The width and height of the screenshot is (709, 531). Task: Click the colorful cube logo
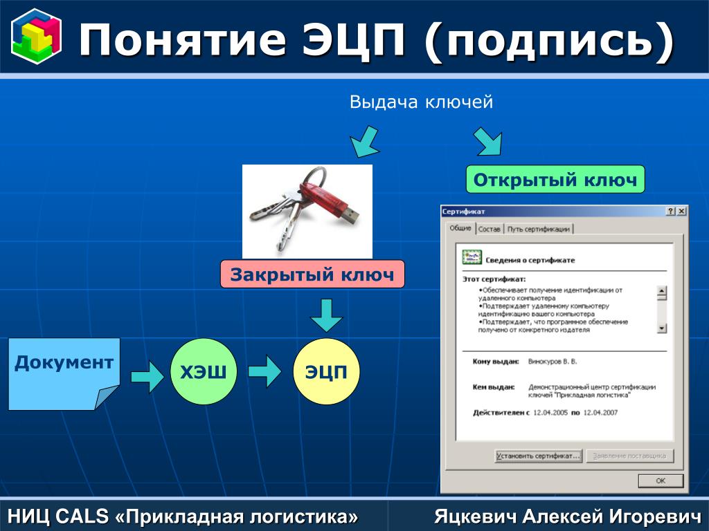pyautogui.click(x=36, y=37)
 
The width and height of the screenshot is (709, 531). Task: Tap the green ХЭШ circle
pyautogui.click(x=204, y=371)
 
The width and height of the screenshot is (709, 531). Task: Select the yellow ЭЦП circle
pyautogui.click(x=326, y=371)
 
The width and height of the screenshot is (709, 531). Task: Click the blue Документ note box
pyautogui.click(x=64, y=374)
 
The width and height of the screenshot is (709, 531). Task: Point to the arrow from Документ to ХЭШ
pyautogui.click(x=147, y=375)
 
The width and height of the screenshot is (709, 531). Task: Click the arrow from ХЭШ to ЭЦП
pyautogui.click(x=264, y=371)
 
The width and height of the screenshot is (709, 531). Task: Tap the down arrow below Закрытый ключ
pyautogui.click(x=327, y=315)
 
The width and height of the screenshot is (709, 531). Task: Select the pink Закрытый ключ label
pyautogui.click(x=312, y=274)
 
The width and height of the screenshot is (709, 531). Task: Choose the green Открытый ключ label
pyautogui.click(x=555, y=179)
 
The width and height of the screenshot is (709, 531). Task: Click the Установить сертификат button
pyautogui.click(x=538, y=456)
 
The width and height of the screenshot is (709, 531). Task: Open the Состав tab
pyautogui.click(x=490, y=229)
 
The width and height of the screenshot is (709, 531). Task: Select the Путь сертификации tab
pyautogui.click(x=538, y=229)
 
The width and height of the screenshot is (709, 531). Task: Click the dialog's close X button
pyautogui.click(x=681, y=212)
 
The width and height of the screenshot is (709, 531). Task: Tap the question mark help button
pyautogui.click(x=671, y=212)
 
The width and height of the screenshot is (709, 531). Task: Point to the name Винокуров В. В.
pyautogui.click(x=553, y=362)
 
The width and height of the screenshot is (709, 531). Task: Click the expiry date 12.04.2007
pyautogui.click(x=600, y=413)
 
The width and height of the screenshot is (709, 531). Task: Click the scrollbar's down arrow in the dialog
pyautogui.click(x=662, y=328)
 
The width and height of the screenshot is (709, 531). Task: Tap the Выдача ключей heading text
pyautogui.click(x=421, y=102)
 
